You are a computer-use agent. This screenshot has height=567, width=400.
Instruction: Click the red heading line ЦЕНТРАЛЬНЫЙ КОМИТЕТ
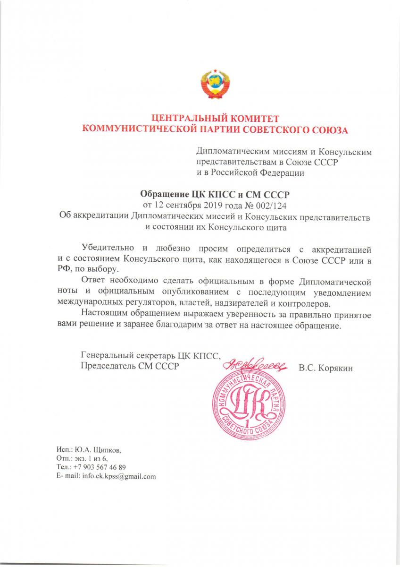coord(215,118)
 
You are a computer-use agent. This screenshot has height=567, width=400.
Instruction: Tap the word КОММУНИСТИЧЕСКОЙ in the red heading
coord(136,129)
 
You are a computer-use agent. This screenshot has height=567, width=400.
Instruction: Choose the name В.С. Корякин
coord(325,367)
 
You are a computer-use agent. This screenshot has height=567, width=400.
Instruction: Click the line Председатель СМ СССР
coord(129,367)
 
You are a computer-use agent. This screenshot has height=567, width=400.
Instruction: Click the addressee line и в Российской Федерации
coord(250,173)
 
